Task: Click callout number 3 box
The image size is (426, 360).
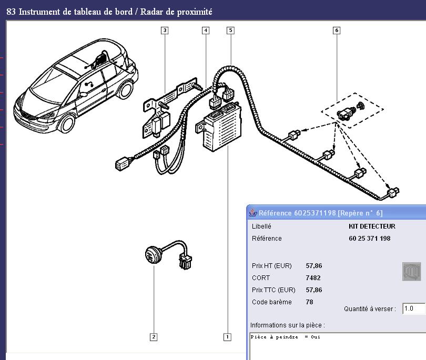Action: coord(165,30)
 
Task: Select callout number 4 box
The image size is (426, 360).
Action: coord(206,30)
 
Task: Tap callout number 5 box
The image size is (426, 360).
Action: coord(230,30)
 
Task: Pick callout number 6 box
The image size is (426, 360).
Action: coord(337,30)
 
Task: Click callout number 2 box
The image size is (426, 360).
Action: coord(154,337)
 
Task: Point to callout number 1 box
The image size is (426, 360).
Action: coord(227,337)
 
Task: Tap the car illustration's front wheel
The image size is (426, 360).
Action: coord(67,124)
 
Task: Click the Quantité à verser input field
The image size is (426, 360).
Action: coord(413,309)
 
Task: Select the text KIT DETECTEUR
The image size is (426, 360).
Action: coord(371,227)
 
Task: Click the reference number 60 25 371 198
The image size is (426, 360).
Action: coord(369,239)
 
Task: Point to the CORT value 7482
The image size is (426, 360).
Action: coord(313,278)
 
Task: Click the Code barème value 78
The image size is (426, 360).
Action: coord(309,302)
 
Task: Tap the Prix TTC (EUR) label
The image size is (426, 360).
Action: coord(273,290)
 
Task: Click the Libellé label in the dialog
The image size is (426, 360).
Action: coord(261,227)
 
